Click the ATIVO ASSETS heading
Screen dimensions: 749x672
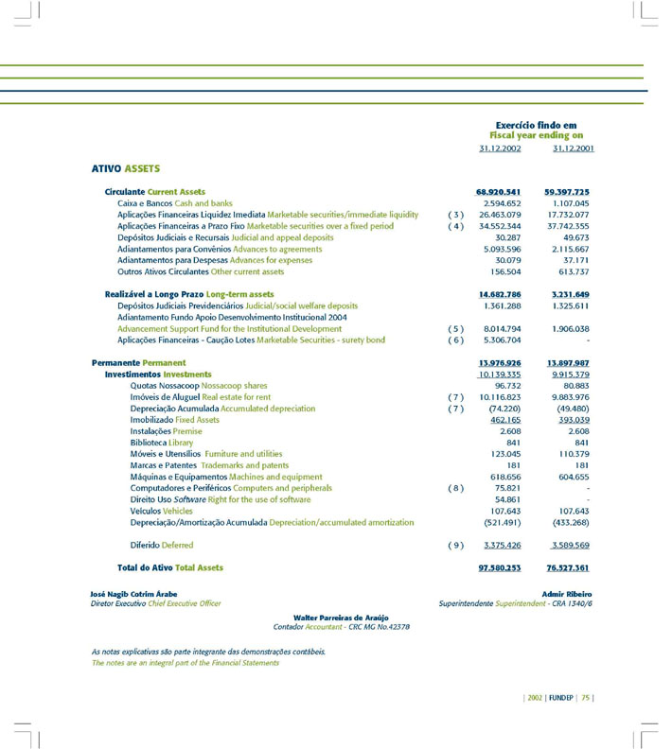click(x=125, y=169)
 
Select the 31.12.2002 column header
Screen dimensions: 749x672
click(x=500, y=148)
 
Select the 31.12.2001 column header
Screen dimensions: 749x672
click(x=574, y=148)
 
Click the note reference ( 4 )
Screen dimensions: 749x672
click(x=454, y=227)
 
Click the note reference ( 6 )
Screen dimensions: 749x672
click(x=454, y=340)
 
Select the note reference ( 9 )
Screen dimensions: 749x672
click(x=454, y=546)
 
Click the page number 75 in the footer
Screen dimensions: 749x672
click(x=586, y=698)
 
